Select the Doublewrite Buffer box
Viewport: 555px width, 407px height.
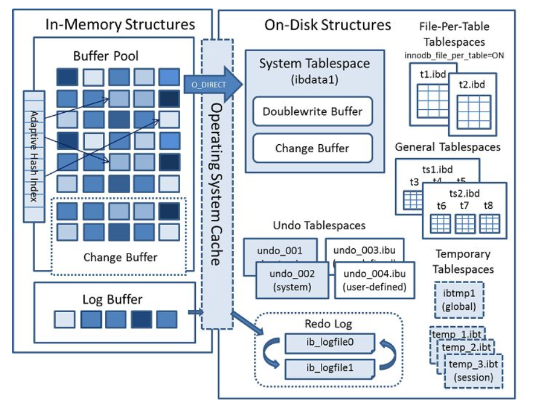312,112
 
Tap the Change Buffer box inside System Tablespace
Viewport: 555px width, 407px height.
312,148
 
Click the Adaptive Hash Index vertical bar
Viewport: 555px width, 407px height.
34,156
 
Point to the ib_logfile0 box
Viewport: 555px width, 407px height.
330,342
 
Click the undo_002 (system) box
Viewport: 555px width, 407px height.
284,280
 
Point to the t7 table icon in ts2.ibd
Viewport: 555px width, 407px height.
464,223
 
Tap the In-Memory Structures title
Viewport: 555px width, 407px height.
120,24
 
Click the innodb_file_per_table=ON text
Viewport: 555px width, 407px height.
453,55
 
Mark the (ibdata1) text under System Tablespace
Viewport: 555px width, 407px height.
314,80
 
